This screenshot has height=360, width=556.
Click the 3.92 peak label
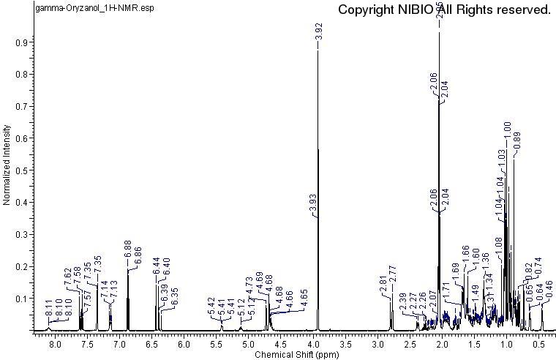[319, 31]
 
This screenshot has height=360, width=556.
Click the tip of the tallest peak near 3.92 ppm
[318, 50]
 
